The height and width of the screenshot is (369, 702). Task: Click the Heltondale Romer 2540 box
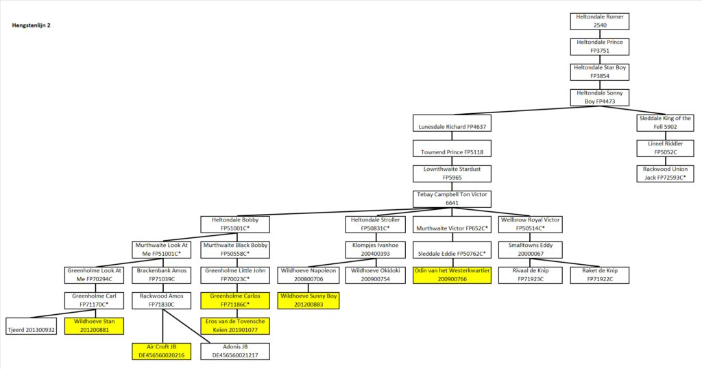[x=599, y=21]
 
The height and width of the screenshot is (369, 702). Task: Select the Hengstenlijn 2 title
[x=31, y=25]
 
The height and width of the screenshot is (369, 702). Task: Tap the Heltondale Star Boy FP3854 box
[x=599, y=72]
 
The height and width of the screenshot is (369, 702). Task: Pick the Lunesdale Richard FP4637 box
[x=452, y=123]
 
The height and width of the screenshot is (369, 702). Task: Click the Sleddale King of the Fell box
[x=665, y=123]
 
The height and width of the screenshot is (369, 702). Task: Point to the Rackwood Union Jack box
[x=665, y=174]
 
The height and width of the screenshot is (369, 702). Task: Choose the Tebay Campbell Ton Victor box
[x=452, y=200]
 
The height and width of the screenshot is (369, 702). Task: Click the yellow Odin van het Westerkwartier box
[x=452, y=276]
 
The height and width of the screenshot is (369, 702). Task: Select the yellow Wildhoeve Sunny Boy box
[x=308, y=301]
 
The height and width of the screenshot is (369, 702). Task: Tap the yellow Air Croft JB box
[x=162, y=352]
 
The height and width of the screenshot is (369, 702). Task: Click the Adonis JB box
[x=235, y=352]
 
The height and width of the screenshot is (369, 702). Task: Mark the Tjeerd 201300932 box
[x=31, y=326]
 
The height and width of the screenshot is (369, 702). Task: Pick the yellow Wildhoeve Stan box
[x=94, y=326]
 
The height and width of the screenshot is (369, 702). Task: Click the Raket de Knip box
[x=599, y=276]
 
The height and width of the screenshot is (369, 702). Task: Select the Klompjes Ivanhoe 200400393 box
[x=375, y=250]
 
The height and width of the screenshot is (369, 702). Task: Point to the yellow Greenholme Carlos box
[x=235, y=301]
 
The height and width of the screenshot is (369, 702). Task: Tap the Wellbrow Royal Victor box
[x=530, y=224]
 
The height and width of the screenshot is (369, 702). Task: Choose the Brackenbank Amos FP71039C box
[x=162, y=276]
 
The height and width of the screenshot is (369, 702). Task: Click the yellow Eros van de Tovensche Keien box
[x=235, y=326]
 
